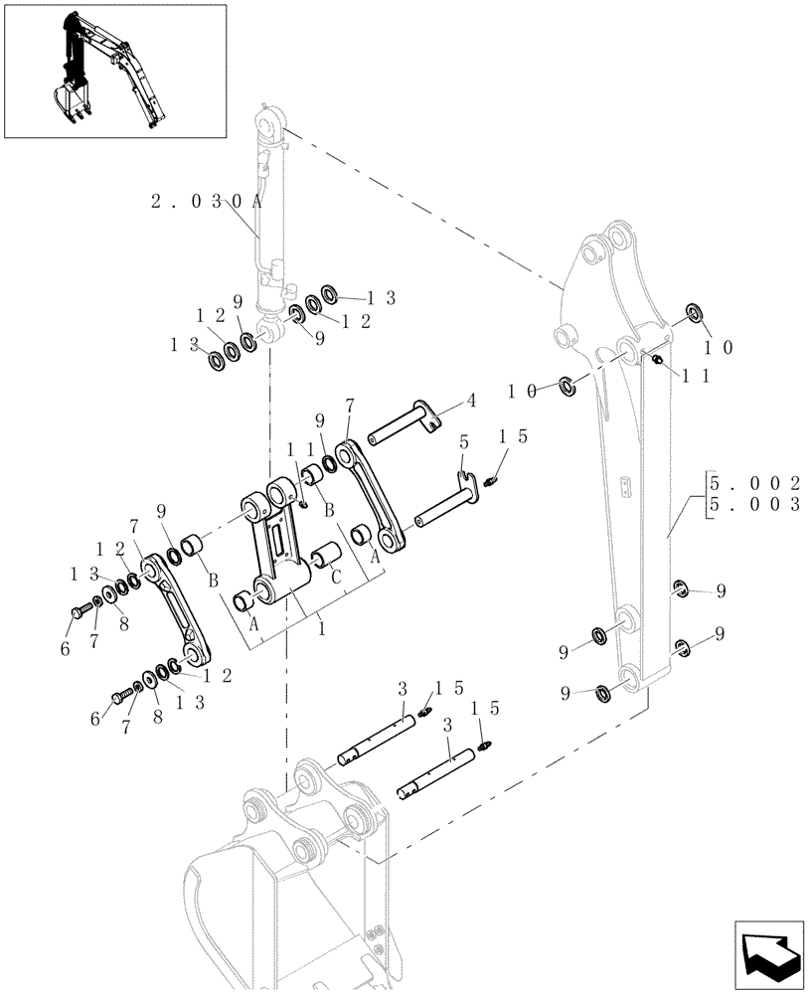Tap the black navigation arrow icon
(769, 952)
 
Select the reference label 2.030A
(206, 201)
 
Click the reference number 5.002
(755, 483)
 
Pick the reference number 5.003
(755, 504)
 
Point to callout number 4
(471, 402)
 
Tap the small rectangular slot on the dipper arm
(624, 486)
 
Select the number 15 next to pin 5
(513, 435)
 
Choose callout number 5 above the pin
(464, 441)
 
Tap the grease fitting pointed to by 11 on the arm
(656, 358)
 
